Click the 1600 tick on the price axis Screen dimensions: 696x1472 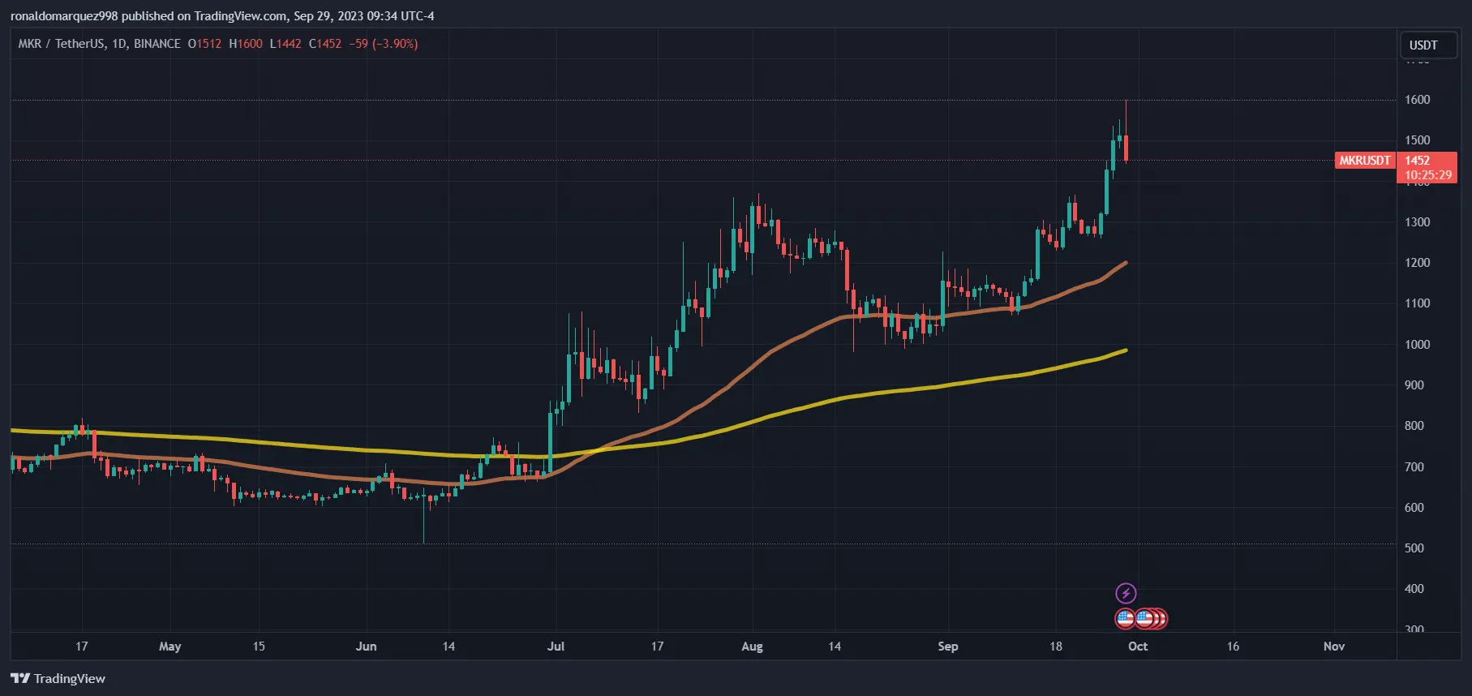tap(1417, 100)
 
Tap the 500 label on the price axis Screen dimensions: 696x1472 tap(1414, 548)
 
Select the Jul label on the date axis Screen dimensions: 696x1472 tap(556, 647)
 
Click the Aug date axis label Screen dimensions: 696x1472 tap(752, 647)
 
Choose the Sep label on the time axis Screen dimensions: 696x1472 tap(947, 647)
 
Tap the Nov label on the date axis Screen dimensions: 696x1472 tap(1333, 647)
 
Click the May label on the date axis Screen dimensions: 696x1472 tap(170, 647)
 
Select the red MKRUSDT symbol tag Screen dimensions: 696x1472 tap(1364, 161)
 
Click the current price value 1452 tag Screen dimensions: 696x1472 tap(1417, 161)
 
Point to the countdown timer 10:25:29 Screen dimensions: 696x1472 tap(1427, 175)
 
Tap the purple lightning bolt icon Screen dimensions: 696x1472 tap(1126, 593)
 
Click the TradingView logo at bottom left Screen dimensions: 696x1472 tap(58, 678)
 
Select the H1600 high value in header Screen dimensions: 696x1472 tap(245, 44)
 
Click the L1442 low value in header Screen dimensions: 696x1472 tap(285, 44)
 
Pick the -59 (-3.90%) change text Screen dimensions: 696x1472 tap(383, 44)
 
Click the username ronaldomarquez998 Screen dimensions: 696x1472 tap(64, 16)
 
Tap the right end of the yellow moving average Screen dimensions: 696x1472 tap(1126, 350)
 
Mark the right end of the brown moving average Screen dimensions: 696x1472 tap(1126, 263)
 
